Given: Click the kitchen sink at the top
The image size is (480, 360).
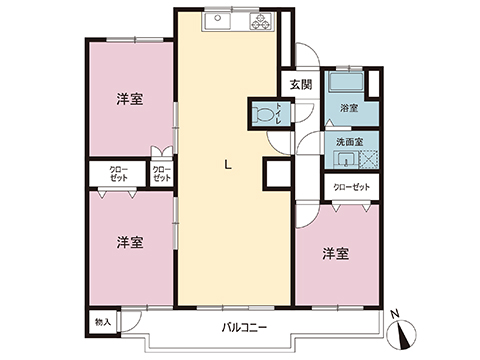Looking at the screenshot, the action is (x=217, y=21).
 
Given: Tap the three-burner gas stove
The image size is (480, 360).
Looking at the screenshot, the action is (x=262, y=21).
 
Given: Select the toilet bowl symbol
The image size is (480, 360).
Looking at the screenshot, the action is (x=262, y=114).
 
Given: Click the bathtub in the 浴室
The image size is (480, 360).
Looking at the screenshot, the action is (x=346, y=82).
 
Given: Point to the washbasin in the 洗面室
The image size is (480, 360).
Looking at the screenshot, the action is (x=347, y=159).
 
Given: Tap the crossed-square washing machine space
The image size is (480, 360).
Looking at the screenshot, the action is (x=369, y=159).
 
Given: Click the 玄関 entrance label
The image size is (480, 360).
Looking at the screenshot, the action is (x=301, y=85).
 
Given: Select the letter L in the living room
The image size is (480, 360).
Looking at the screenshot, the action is (x=228, y=164).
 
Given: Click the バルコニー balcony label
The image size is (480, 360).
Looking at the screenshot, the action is (x=244, y=328).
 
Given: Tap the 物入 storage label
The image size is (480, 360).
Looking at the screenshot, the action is (x=103, y=322).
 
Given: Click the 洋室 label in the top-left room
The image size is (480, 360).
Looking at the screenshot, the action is (x=130, y=99).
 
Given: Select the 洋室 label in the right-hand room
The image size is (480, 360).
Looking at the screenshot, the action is (x=336, y=254).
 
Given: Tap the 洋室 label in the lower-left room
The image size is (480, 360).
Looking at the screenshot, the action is (x=130, y=243).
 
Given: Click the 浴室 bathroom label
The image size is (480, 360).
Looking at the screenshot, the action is (x=349, y=108).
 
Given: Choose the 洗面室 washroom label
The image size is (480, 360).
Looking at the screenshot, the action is (x=349, y=142).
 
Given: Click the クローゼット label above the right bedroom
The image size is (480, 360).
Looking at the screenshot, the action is (x=352, y=187).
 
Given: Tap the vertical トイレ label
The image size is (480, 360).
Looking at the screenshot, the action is (x=278, y=114).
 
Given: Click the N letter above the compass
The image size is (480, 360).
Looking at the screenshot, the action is (x=395, y=313).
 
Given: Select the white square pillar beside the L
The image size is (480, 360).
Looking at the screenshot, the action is (x=278, y=174).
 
